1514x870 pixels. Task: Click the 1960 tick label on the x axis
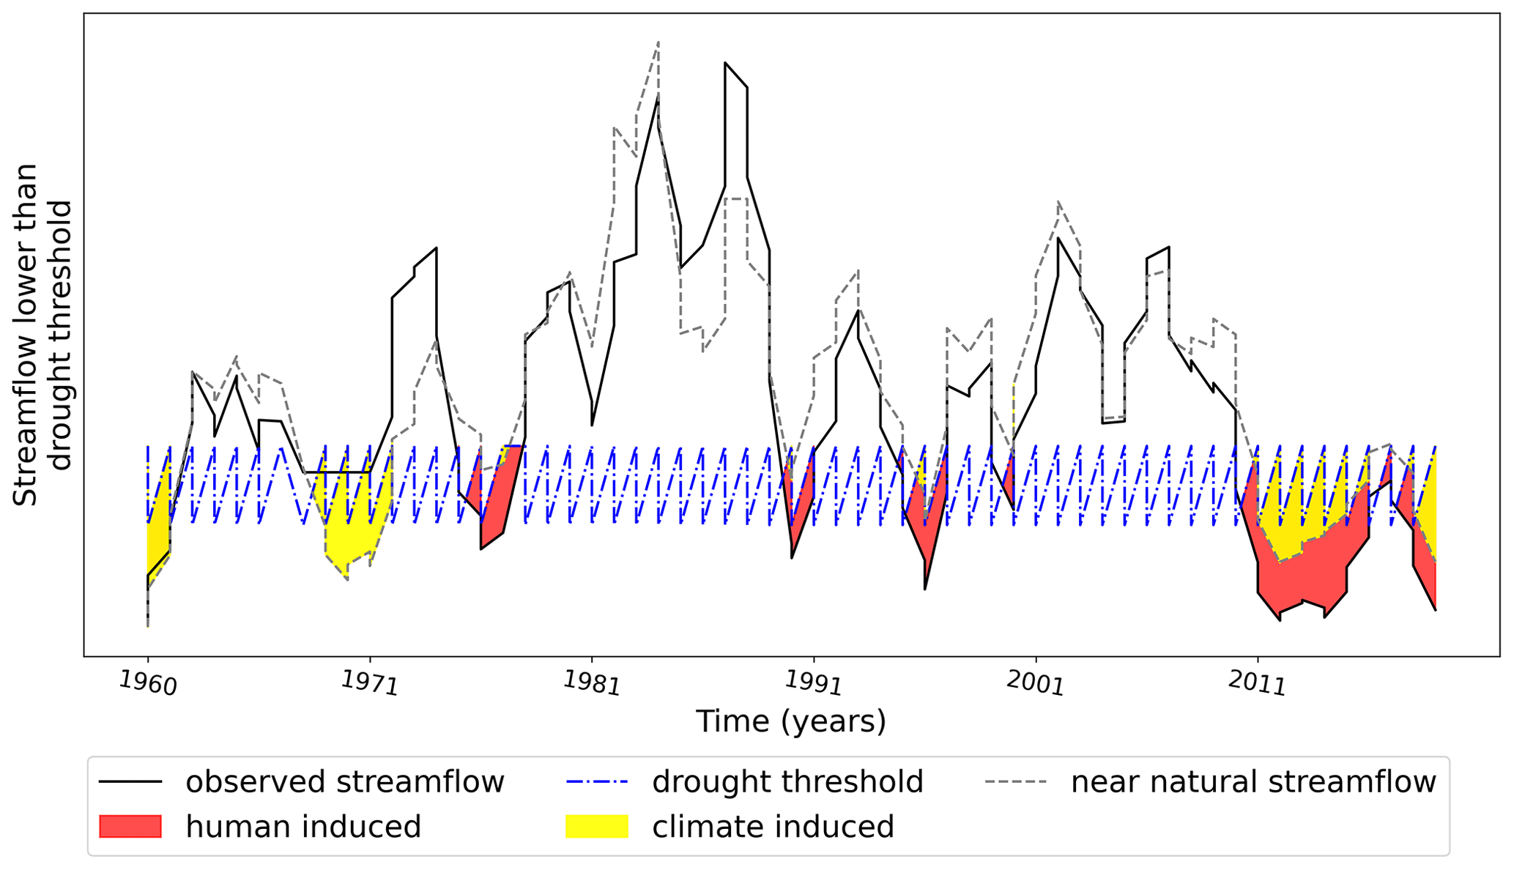point(148,683)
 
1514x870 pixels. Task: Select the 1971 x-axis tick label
point(369,683)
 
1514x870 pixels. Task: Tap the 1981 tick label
point(591,683)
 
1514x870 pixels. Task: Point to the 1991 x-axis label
point(813,683)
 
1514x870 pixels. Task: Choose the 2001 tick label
point(1035,683)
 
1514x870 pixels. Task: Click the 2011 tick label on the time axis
point(1257,683)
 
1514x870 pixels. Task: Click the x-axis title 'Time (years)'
point(790,721)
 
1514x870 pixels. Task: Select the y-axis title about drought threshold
point(42,335)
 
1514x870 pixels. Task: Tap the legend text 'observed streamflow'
point(344,782)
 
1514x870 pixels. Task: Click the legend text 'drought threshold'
point(787,782)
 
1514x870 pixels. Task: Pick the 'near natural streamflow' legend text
point(1253,782)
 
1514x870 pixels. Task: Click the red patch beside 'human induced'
point(130,826)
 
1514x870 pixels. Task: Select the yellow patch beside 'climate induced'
point(597,826)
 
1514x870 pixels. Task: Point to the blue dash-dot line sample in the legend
point(597,782)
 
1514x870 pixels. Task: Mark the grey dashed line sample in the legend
point(1016,782)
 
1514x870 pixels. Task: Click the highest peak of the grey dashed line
point(658,43)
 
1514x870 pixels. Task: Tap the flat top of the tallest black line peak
point(735,75)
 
